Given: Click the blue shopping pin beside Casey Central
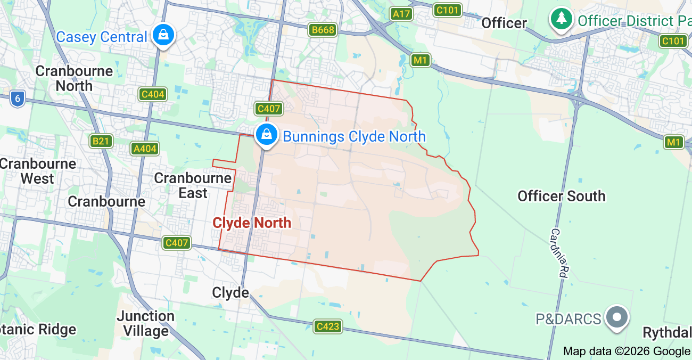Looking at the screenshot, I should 163,35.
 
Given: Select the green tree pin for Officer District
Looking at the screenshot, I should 561,20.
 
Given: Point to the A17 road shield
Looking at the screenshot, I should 401,14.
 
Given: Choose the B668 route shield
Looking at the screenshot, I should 323,30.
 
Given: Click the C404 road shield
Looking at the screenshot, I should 153,95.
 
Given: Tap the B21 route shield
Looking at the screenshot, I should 101,141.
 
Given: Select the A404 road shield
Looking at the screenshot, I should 145,149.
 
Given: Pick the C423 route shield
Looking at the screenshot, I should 327,326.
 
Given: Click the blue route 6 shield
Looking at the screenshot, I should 18,99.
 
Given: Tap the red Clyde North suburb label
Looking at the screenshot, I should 252,223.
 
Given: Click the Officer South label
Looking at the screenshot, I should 562,196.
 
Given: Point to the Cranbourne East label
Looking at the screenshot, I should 193,185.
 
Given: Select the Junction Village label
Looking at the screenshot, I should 145,323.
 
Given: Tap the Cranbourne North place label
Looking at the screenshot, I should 74,78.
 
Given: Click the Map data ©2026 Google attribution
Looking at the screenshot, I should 626,351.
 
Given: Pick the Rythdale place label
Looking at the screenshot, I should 667,333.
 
